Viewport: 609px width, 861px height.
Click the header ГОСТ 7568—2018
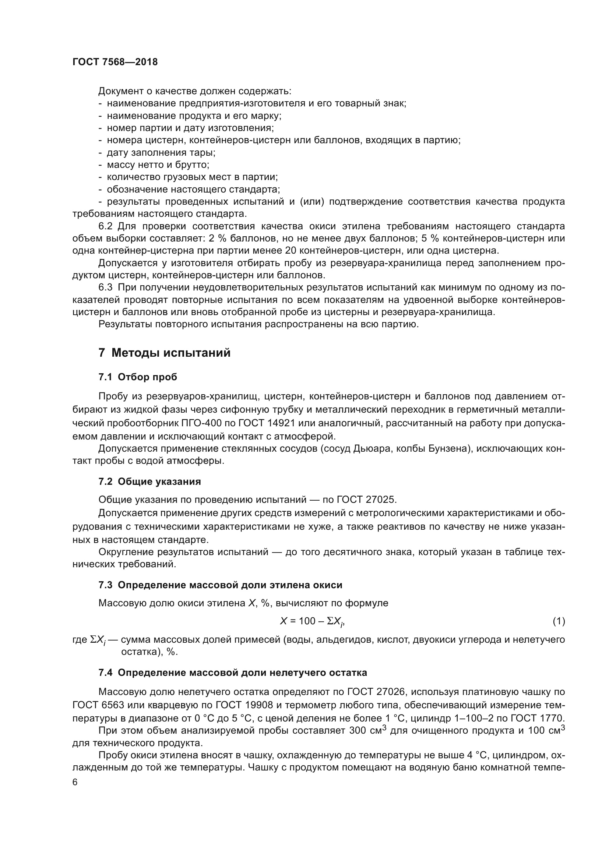115,62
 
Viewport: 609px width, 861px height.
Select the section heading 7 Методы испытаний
164,353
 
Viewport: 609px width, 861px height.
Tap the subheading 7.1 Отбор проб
138,377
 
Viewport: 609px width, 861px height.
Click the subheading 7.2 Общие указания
149,481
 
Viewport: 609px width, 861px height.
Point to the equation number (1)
559,621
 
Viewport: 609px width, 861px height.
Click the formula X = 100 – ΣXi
312,621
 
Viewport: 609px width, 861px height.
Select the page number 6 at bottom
75,782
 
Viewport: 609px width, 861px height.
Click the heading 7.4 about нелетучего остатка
232,673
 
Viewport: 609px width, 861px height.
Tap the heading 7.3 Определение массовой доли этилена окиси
220,585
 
